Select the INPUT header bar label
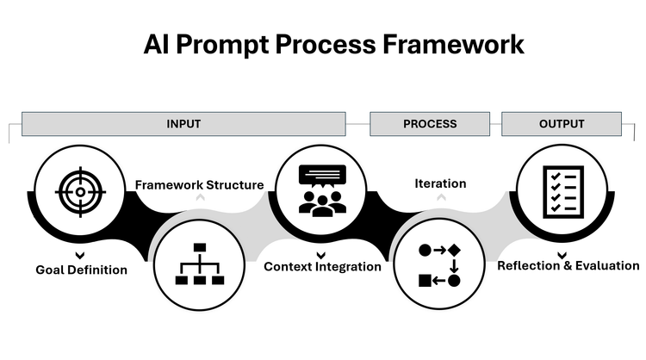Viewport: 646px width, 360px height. pyautogui.click(x=183, y=124)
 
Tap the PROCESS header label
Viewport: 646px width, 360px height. pyautogui.click(x=430, y=124)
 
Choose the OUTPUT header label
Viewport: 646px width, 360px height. pyautogui.click(x=562, y=124)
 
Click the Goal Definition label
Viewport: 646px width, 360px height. pyautogui.click(x=81, y=270)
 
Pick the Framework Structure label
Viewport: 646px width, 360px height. pyautogui.click(x=199, y=183)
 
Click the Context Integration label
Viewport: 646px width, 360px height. pyautogui.click(x=322, y=267)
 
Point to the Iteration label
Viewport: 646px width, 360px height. pyautogui.click(x=440, y=183)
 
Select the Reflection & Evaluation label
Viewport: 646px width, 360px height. pyautogui.click(x=568, y=266)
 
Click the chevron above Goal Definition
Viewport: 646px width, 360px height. pyautogui.click(x=79, y=255)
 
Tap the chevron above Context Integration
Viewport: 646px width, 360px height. pyautogui.click(x=321, y=254)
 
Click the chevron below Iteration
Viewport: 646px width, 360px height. pyautogui.click(x=440, y=198)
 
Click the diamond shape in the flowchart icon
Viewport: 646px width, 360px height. pyautogui.click(x=454, y=250)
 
